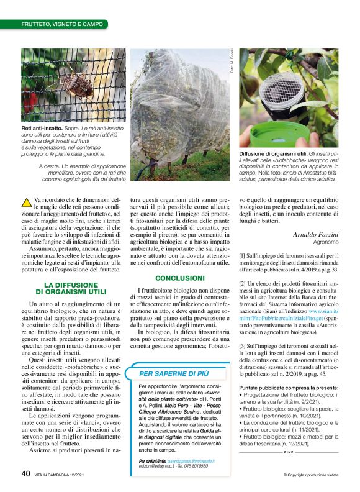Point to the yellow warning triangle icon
pyautogui.click(x=27, y=201)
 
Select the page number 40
pyautogui.click(x=25, y=473)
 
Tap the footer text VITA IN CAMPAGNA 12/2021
pyautogui.click(x=60, y=474)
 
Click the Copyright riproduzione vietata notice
pyautogui.click(x=308, y=475)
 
